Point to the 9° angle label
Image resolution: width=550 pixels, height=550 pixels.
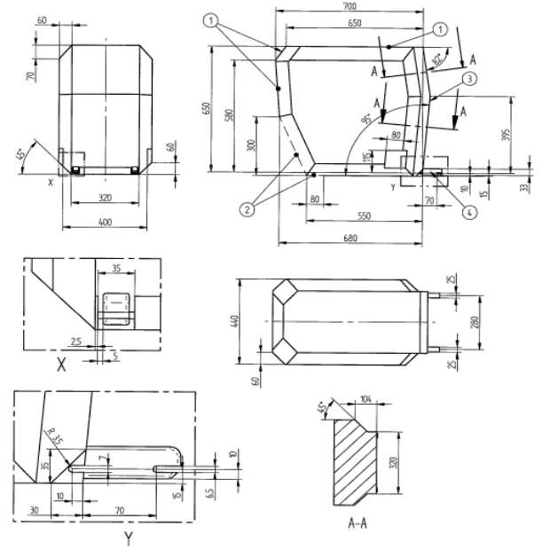point(365,115)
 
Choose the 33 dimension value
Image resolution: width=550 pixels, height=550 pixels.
point(525,186)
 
